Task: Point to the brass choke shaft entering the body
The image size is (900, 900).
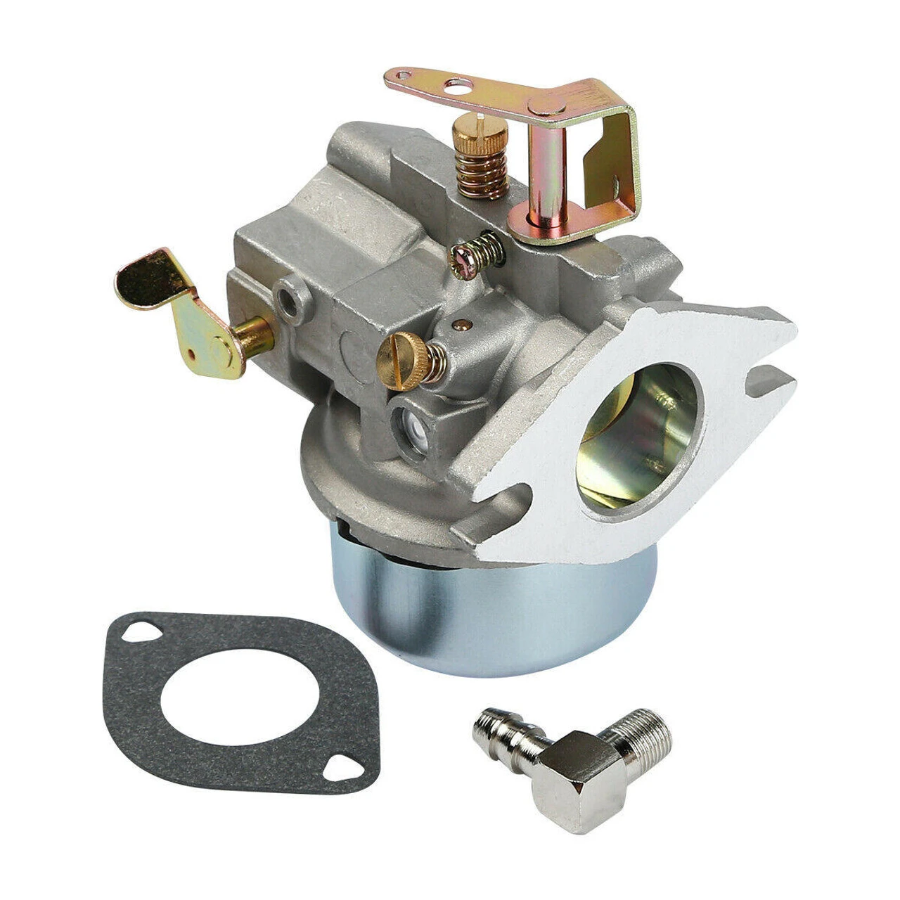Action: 253,330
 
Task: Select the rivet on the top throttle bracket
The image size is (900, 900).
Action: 546,106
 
